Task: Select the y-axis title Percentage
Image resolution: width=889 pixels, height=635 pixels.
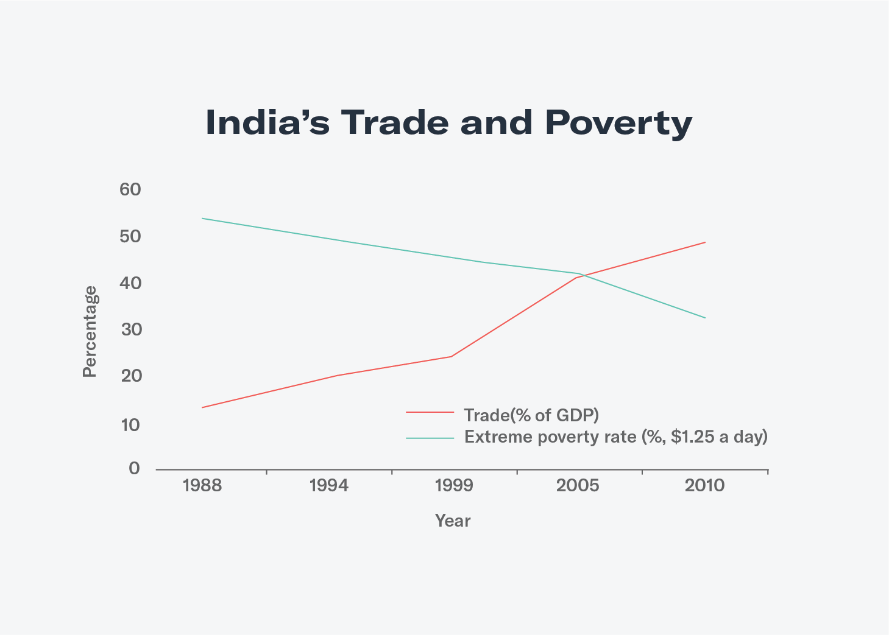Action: (90, 332)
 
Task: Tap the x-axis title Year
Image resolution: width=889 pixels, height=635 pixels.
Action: (453, 521)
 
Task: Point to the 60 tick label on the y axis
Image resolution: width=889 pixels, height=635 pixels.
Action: (130, 189)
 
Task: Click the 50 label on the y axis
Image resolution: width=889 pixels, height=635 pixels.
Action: (130, 236)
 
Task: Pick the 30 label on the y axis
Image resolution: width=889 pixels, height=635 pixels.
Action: (130, 330)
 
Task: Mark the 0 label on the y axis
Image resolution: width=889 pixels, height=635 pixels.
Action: (134, 469)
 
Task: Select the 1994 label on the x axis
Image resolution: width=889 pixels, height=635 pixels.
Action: (329, 486)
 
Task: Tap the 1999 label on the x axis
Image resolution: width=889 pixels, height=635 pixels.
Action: (454, 486)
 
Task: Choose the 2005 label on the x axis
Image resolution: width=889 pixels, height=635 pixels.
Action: (578, 486)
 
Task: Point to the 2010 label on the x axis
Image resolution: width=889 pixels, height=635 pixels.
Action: (704, 486)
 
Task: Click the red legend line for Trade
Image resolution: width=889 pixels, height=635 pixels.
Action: (430, 413)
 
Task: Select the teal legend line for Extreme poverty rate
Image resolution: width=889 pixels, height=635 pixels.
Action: (430, 438)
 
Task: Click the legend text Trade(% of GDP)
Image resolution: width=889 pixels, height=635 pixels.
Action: (531, 415)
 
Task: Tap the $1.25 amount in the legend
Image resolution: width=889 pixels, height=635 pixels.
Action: (692, 437)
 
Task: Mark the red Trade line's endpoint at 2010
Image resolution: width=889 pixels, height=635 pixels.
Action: (705, 242)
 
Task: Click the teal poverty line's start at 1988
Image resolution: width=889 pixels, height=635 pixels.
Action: (202, 218)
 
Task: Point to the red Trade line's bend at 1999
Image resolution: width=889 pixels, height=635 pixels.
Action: (451, 356)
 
